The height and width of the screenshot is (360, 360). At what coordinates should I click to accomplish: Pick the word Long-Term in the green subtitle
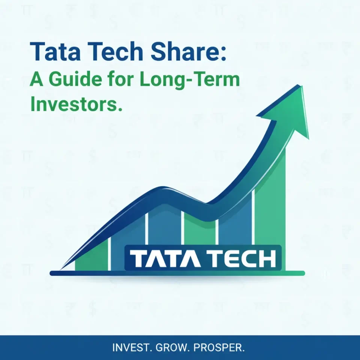point(195,80)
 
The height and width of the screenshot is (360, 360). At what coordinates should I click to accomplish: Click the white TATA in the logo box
point(161,259)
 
